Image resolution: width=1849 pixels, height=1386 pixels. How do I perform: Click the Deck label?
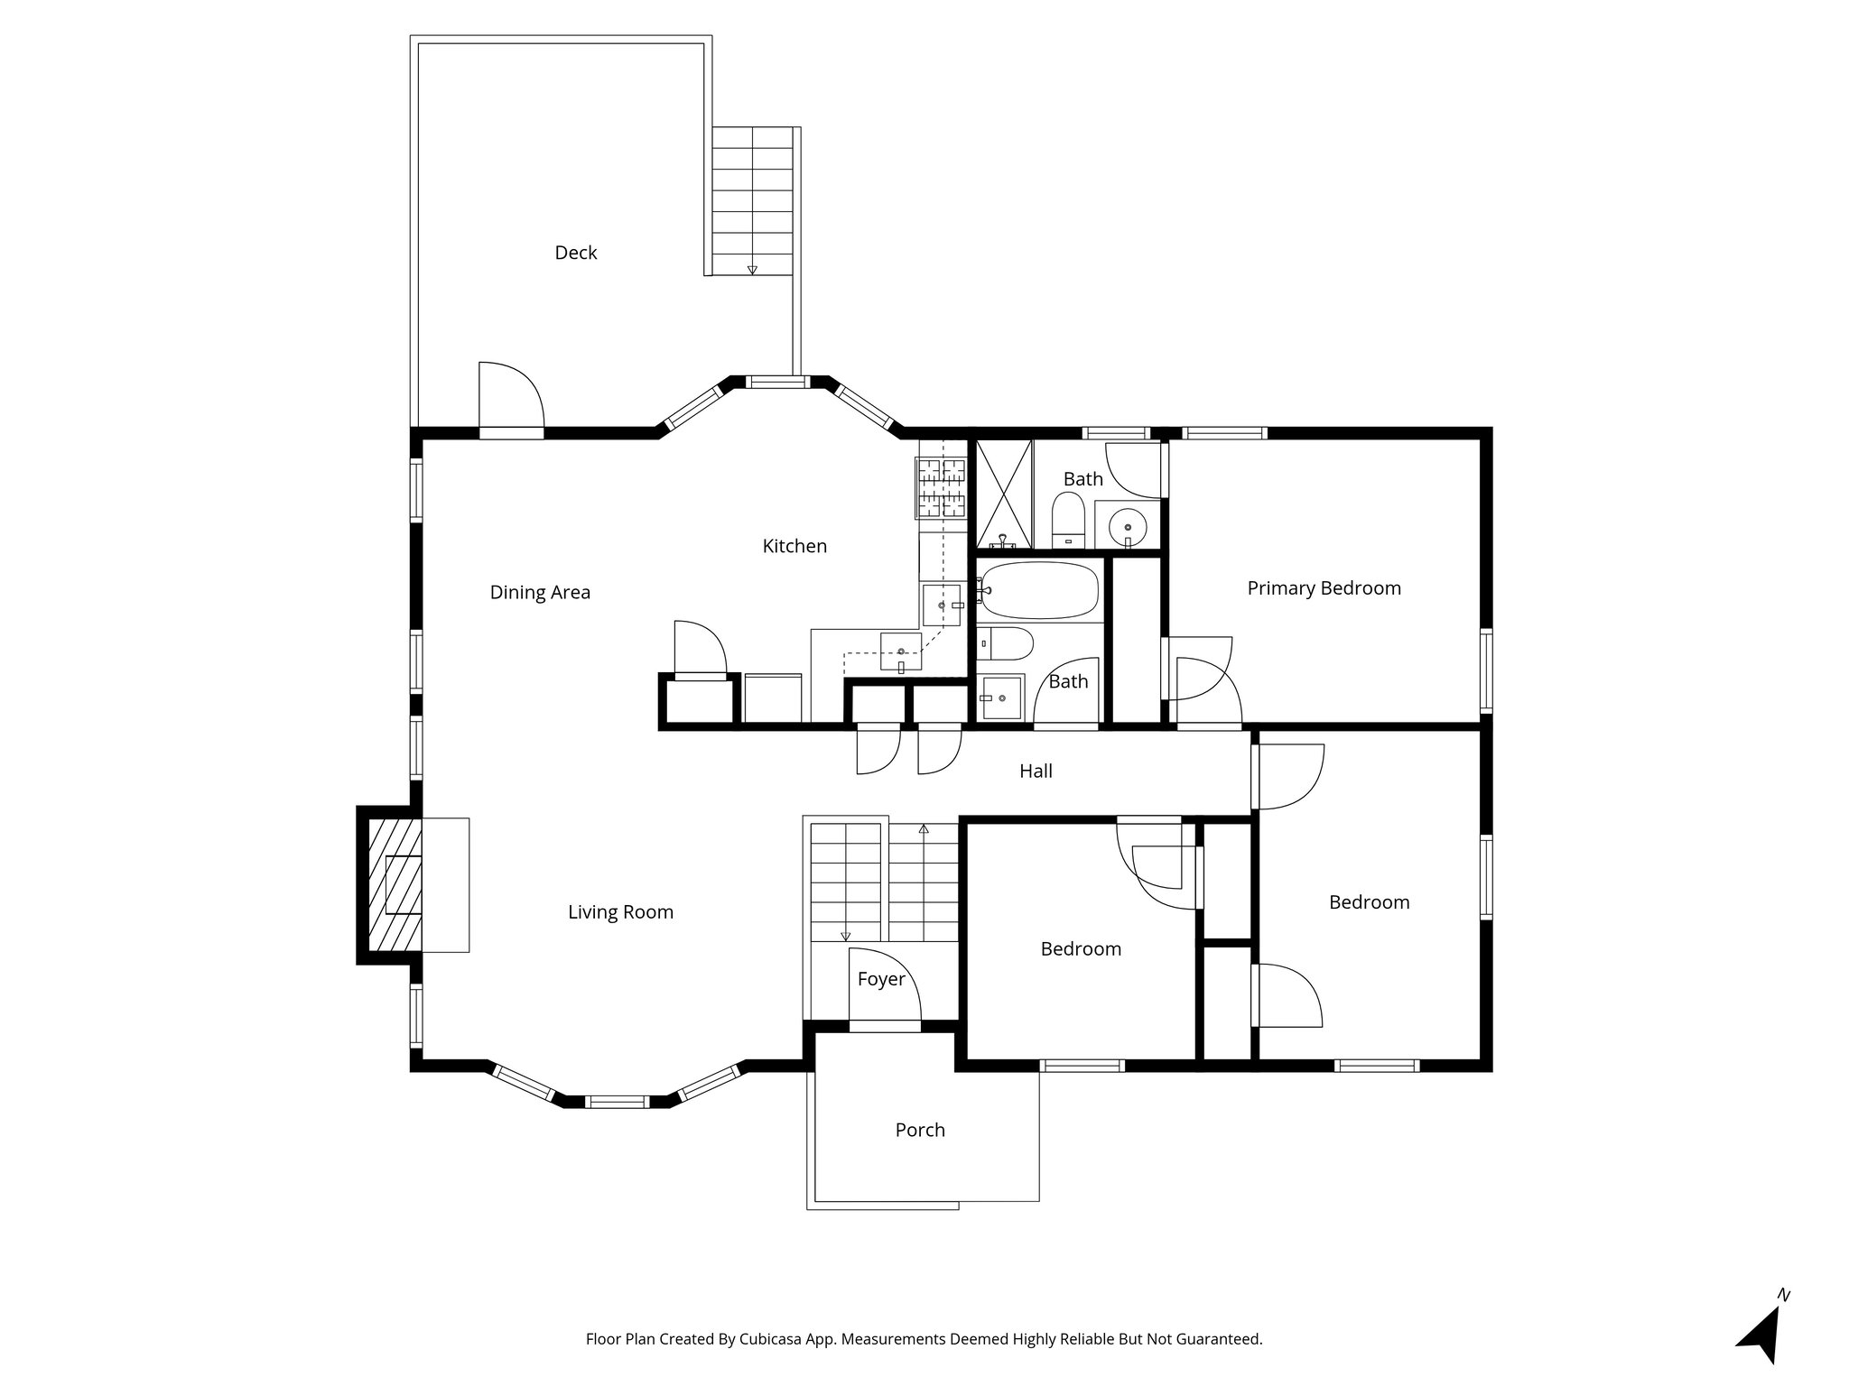coord(575,253)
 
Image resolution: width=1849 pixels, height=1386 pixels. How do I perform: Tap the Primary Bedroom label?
coord(1324,588)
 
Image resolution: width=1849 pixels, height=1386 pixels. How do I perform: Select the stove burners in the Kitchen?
coord(942,487)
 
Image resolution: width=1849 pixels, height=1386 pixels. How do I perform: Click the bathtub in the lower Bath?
coord(1040,590)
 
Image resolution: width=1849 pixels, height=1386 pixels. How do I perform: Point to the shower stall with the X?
coord(1004,494)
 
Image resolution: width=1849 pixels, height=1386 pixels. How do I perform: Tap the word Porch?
coord(919,1130)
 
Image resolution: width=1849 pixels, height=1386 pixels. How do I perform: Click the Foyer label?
coord(880,979)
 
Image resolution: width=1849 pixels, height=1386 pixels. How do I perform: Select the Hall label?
coord(1036,771)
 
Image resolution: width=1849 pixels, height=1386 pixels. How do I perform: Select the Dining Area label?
coord(540,593)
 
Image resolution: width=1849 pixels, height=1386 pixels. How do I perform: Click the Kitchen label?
coord(794,546)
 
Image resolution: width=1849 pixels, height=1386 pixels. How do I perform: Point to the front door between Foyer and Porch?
coord(885,1025)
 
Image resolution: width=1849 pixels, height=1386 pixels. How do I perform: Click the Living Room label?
coord(620,912)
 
